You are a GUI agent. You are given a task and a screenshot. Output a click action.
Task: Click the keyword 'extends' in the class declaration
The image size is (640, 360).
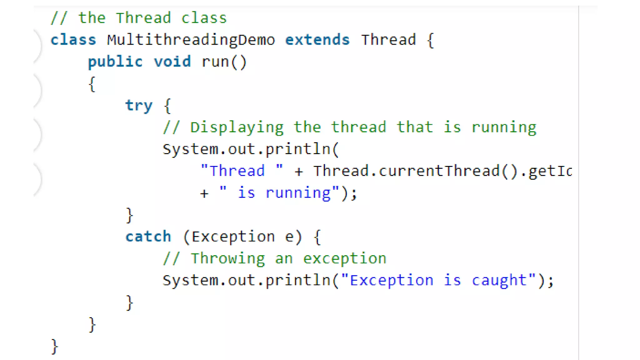[x=317, y=40]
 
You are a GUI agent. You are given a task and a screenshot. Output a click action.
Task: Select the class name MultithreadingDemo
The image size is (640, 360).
[x=191, y=40]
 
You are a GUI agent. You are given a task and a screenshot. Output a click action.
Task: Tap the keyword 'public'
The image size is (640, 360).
[x=115, y=62]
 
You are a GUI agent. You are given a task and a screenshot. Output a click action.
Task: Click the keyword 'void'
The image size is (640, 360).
[x=172, y=62]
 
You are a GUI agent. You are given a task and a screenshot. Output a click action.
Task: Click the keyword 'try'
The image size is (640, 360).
[x=139, y=106]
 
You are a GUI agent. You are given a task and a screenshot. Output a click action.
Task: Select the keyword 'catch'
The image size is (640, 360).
[x=148, y=237]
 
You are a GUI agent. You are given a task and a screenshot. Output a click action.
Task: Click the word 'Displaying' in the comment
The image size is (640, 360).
[x=237, y=127]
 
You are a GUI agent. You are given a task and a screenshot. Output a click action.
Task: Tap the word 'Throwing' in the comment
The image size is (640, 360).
[x=228, y=258]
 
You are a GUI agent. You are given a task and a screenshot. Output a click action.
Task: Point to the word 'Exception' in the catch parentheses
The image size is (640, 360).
[x=233, y=237]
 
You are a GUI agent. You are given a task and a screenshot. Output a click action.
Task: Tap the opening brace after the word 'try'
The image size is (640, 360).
[x=167, y=106]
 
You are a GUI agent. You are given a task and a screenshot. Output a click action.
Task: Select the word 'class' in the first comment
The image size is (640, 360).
[x=204, y=18]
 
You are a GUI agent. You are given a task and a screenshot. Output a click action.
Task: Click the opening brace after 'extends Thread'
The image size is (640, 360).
[x=430, y=40]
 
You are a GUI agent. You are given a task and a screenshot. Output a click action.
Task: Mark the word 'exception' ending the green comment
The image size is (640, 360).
[x=345, y=258]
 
